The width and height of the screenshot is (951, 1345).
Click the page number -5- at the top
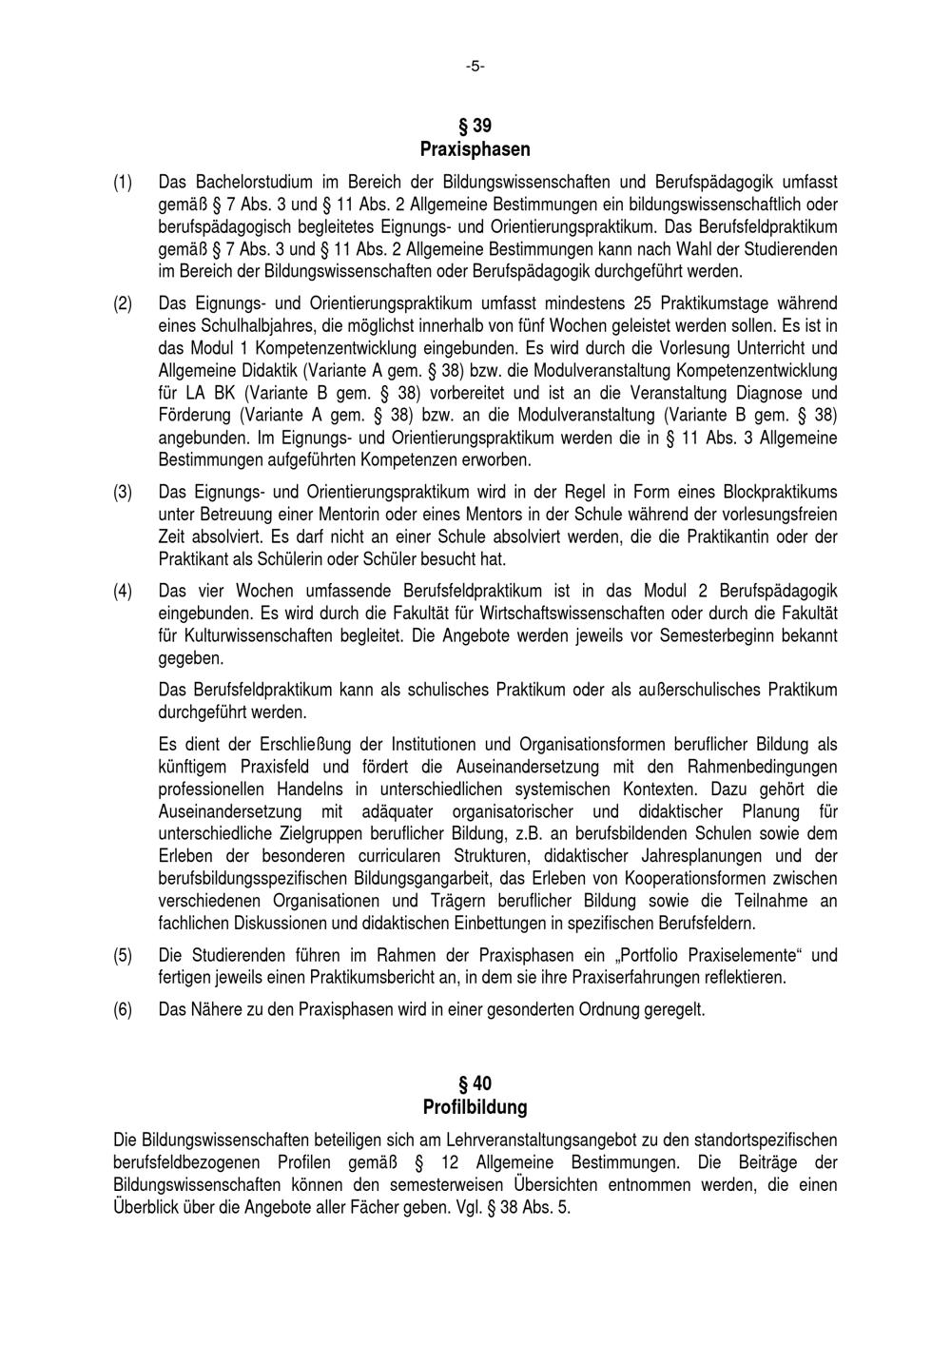click(x=475, y=67)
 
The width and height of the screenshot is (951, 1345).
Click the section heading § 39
click(x=475, y=126)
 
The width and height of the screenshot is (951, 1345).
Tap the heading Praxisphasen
click(x=475, y=149)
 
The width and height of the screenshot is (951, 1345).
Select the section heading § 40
click(x=475, y=1083)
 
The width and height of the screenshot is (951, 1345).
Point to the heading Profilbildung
click(x=475, y=1107)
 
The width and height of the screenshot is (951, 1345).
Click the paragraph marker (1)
click(x=123, y=182)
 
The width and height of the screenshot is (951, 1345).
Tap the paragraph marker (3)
click(x=123, y=492)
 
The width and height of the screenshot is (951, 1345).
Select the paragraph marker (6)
click(x=123, y=1009)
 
